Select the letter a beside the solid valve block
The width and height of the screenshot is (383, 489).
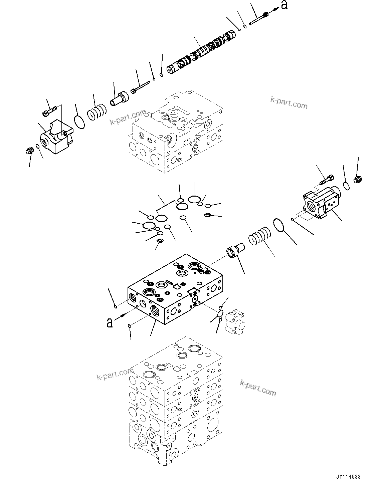[109, 322]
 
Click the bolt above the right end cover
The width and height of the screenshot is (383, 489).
[326, 180]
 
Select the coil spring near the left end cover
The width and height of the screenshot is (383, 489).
[97, 112]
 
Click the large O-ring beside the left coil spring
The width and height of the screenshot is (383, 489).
[79, 121]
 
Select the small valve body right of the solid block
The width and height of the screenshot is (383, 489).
[235, 322]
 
